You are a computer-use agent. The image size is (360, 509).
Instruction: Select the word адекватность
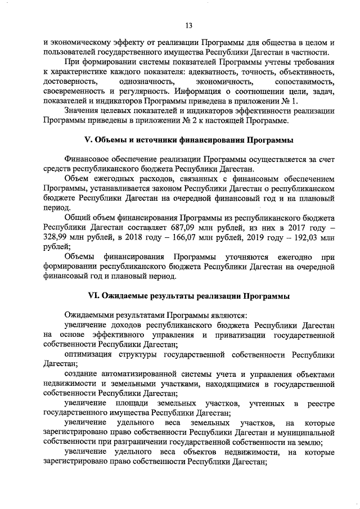(x=213, y=73)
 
